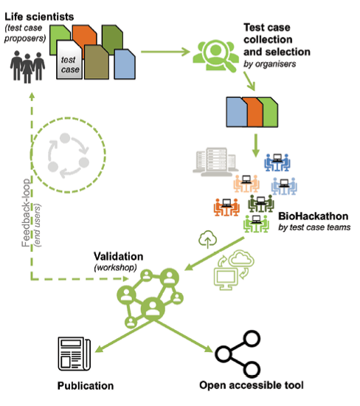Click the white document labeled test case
69,60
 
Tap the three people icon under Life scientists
27,67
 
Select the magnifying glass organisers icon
215,55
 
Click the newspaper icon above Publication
75,354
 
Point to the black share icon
238,354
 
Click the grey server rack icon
215,162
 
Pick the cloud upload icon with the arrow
207,239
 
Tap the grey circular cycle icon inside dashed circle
69,155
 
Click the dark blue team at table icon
277,162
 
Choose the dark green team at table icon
261,204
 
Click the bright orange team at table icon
226,207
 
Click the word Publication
86,386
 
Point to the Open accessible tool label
252,385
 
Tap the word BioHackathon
314,216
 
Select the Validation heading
118,256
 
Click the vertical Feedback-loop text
26,213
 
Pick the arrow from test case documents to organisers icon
165,52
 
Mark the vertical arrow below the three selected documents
256,145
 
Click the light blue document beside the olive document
125,64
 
